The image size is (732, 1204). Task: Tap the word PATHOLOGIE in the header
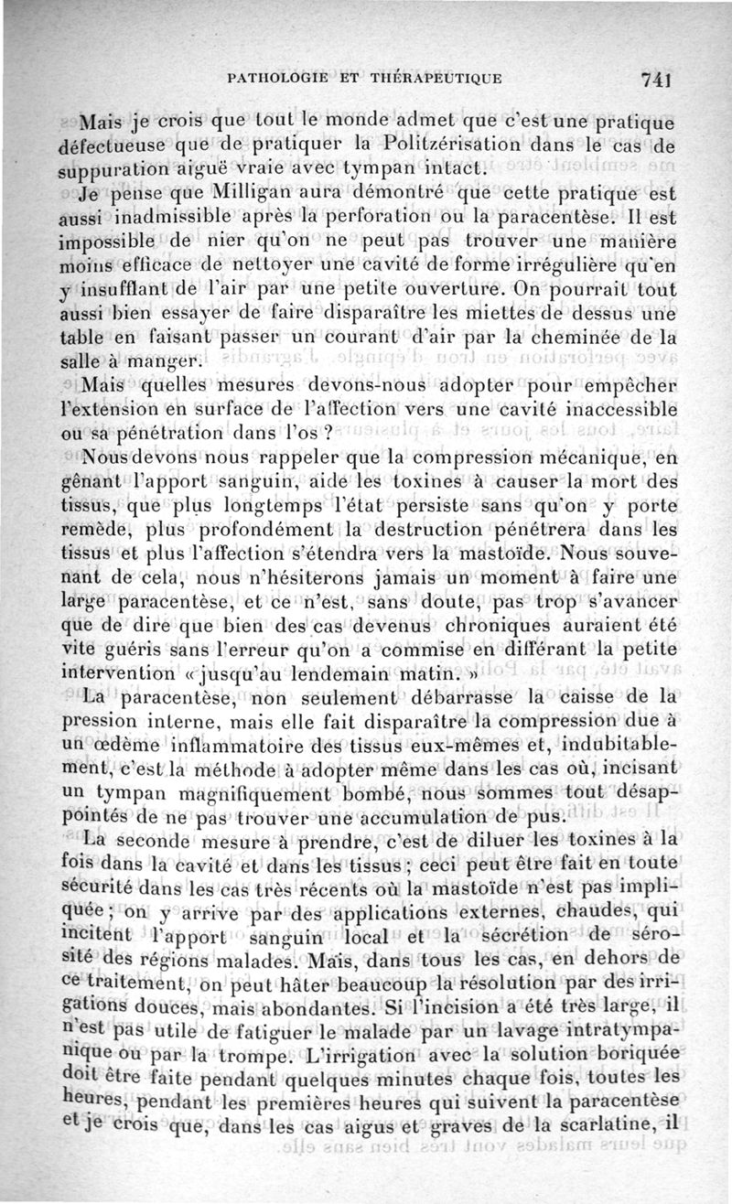(280, 78)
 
